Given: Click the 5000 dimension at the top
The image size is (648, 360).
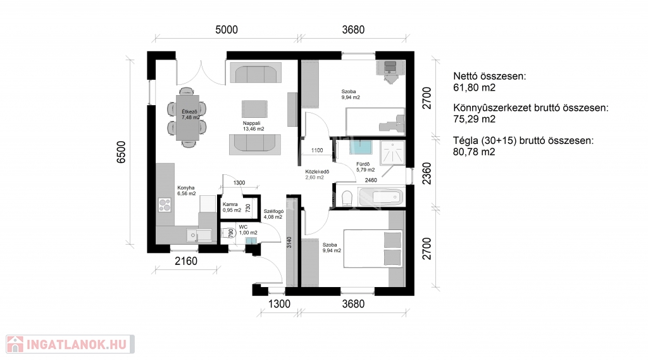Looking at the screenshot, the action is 227,30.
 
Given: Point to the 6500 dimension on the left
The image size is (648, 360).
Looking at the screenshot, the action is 121,152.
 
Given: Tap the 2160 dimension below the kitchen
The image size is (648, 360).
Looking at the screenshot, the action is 186,261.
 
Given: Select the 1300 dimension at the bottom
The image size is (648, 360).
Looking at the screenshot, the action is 279,304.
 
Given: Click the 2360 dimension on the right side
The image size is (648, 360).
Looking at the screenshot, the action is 427,174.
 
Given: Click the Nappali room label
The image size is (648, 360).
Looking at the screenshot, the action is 252,124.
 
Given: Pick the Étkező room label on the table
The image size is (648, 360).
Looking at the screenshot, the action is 189,112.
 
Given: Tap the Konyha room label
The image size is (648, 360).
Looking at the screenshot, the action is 186,188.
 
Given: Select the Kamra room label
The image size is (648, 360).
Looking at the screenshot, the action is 230,205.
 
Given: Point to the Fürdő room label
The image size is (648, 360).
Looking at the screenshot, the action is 363,164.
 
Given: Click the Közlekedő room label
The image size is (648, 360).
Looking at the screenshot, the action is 318,172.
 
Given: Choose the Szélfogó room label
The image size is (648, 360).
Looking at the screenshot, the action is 273,212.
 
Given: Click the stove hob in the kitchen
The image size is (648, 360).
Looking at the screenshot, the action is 165,205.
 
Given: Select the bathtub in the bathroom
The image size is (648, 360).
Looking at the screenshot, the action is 380,197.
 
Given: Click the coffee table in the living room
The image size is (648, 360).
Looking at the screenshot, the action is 254,109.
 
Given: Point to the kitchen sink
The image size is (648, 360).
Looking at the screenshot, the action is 199,235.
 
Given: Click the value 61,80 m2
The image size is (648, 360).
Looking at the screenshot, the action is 474,87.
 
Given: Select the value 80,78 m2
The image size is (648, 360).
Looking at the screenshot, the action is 474,152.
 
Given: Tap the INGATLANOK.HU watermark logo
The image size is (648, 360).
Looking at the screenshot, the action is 70,344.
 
